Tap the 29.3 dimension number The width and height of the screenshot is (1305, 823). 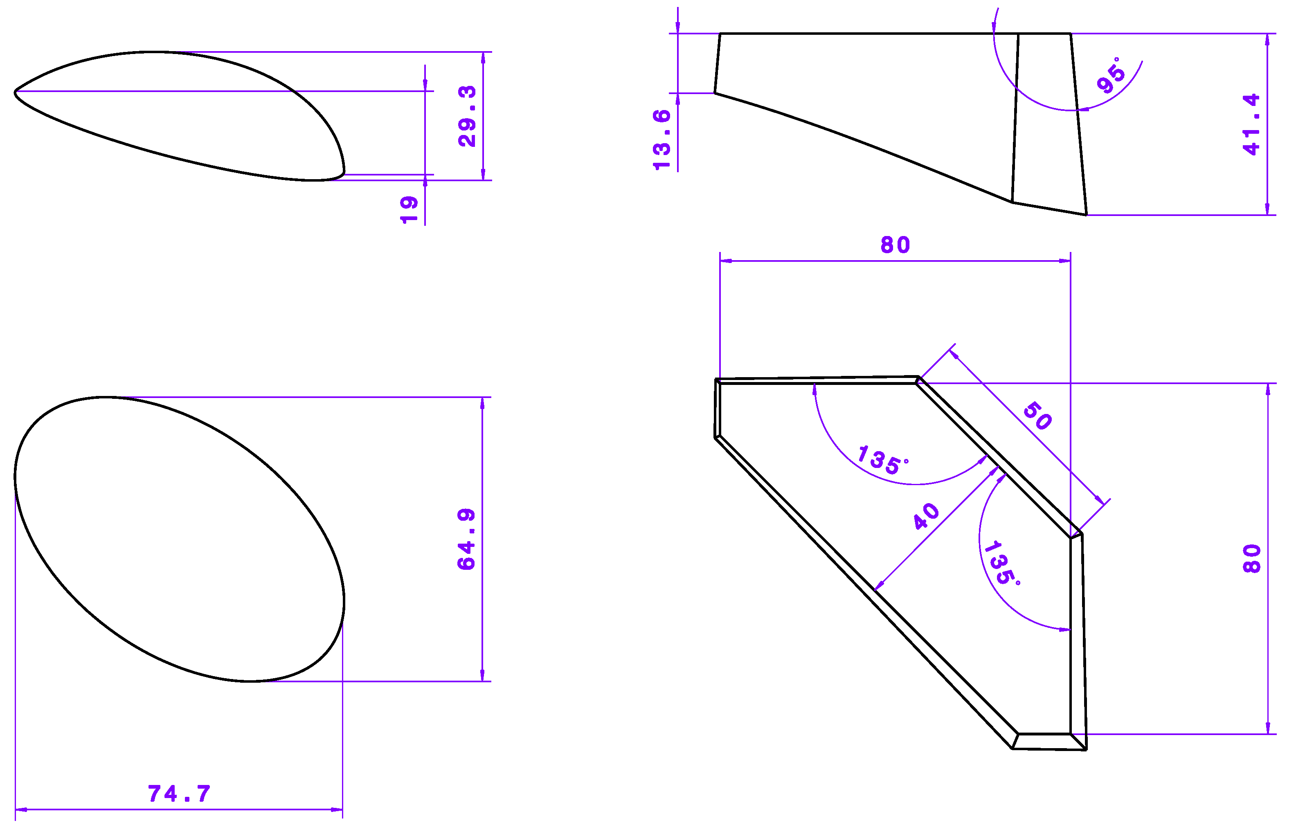pyautogui.click(x=467, y=116)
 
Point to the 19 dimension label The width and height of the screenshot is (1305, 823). pyautogui.click(x=409, y=210)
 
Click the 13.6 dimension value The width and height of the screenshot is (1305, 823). pyautogui.click(x=662, y=140)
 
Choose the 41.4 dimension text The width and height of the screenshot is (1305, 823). pyautogui.click(x=1251, y=125)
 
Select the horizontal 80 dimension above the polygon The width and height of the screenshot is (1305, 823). pyautogui.click(x=895, y=245)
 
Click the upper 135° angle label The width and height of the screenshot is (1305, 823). pyautogui.click(x=882, y=461)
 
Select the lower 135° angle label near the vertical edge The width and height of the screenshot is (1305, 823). pyautogui.click(x=1001, y=564)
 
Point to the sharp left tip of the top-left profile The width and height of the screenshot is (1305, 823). pyautogui.click(x=15, y=92)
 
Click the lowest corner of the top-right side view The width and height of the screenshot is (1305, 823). pyautogui.click(x=1086, y=215)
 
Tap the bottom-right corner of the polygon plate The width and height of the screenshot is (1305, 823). pyautogui.click(x=1086, y=750)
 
